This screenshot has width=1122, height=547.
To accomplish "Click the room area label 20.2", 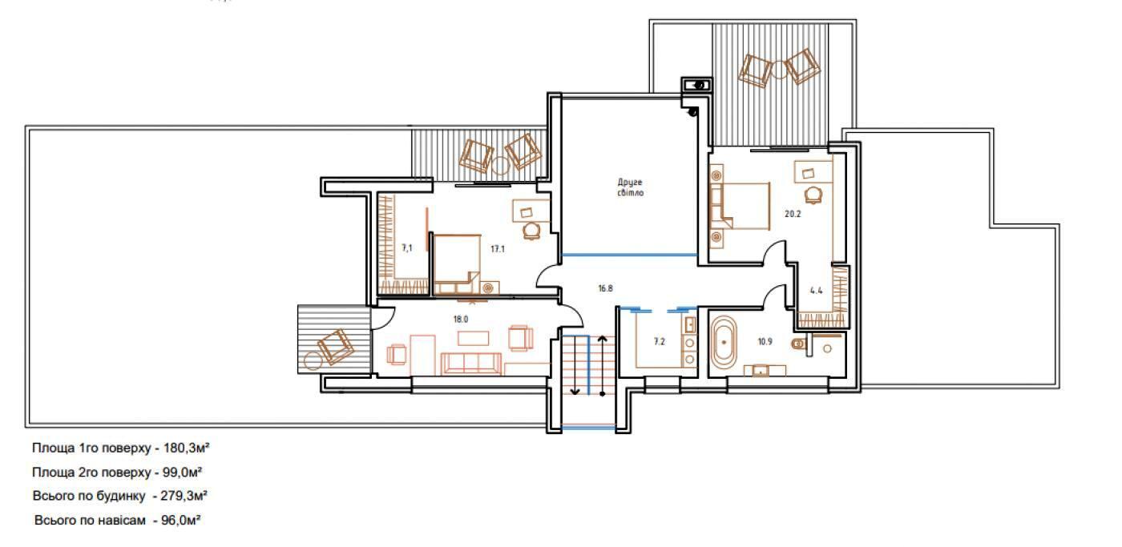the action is pos(793,214).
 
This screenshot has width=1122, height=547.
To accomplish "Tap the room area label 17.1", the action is pos(498,249).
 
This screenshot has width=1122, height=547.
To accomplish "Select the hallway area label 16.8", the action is pos(605,288).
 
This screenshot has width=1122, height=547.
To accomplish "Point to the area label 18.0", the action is pos(460,320).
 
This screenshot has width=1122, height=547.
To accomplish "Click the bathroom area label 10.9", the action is pos(765,342).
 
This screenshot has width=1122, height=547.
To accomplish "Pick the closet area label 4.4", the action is pos(816,290).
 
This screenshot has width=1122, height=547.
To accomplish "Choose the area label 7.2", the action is pos(659,342).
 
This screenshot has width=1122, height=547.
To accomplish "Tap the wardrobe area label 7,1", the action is pos(407,247).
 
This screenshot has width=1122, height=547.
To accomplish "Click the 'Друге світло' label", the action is pos(630,187).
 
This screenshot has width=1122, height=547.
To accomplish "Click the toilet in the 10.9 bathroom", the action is pos(800,344).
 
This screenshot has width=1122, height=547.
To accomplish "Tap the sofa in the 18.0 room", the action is pos(471,364).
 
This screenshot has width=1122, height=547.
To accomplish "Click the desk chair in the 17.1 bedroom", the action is pos(531,231).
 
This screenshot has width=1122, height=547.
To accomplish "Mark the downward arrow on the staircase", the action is pos(575,364).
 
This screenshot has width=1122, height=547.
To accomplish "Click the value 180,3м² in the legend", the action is pos(186,448).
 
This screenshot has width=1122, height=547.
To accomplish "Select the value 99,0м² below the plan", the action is pos(183,472).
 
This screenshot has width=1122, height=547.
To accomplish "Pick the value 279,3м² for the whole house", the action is pos(184,496).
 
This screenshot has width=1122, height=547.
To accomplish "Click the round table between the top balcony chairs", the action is pos(779,70).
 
